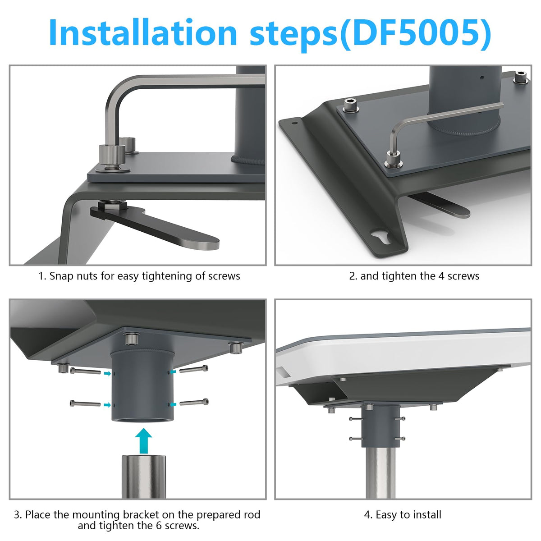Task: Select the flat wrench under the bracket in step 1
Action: coord(155,227)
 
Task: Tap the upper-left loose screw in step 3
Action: coord(85,371)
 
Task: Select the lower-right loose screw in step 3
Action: coord(194,402)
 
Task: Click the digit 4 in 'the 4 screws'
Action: coord(441,276)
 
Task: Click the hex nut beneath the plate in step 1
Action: coord(114,204)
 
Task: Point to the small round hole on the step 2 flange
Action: coord(294,123)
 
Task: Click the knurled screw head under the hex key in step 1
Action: coord(112,156)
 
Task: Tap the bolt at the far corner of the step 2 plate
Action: coord(520,76)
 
